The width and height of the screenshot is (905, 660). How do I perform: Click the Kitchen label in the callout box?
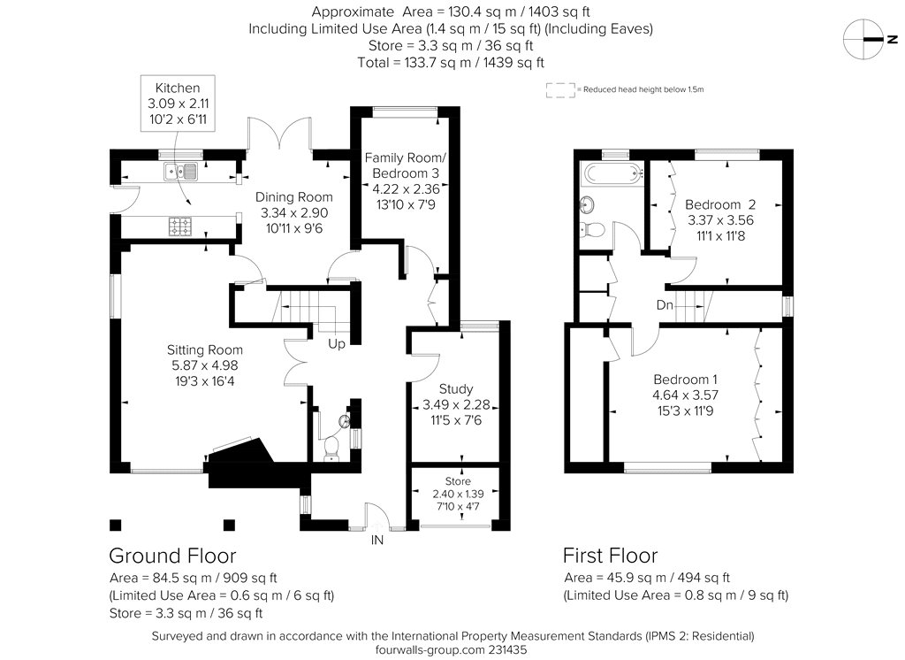tap(177, 88)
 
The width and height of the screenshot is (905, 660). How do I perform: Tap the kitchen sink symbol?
tap(180, 171)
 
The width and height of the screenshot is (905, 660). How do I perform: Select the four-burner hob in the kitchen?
tap(180, 226)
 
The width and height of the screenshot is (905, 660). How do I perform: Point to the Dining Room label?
tap(293, 197)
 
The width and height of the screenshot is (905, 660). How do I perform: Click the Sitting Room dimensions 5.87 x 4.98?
tap(204, 365)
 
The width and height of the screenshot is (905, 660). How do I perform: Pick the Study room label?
tap(455, 389)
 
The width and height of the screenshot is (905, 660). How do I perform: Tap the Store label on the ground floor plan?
tap(458, 480)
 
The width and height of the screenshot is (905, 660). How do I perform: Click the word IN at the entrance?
tap(376, 540)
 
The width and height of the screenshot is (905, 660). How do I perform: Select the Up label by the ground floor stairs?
tap(337, 344)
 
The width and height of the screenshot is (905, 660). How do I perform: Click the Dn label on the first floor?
tap(665, 304)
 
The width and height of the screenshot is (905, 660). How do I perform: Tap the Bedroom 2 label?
tap(719, 204)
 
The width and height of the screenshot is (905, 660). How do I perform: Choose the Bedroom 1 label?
tap(685, 380)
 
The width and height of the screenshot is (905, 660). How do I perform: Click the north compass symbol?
tap(863, 39)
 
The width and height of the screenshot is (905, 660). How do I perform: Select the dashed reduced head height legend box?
tap(560, 90)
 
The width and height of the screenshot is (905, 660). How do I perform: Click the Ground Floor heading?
tap(172, 556)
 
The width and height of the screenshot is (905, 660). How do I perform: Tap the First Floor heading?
tap(610, 556)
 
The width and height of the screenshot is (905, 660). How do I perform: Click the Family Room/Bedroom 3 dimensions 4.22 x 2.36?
tap(406, 189)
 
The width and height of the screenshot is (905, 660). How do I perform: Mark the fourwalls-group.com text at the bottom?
tap(430, 649)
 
